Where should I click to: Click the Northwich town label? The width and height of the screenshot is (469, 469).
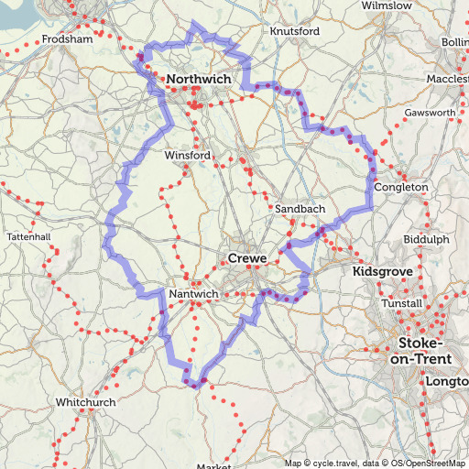tap(198, 81)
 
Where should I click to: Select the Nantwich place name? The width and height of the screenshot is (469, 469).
tap(194, 294)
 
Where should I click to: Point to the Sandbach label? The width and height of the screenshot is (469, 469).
tap(300, 210)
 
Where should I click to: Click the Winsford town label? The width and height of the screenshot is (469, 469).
tap(187, 156)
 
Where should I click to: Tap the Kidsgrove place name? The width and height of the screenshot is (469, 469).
tap(382, 273)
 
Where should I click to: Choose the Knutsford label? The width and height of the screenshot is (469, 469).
tap(295, 31)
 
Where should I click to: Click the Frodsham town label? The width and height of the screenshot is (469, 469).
tap(68, 40)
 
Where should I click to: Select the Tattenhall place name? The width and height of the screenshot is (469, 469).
tap(28, 236)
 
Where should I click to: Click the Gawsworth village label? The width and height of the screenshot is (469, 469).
tap(430, 114)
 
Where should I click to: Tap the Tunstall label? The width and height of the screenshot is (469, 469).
tap(402, 303)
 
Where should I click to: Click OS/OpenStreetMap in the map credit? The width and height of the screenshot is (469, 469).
tap(429, 463)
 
